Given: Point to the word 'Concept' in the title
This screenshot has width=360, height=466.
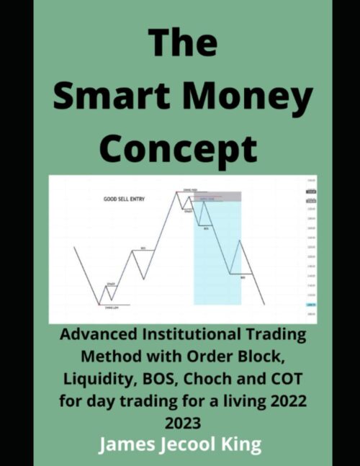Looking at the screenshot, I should [178, 150].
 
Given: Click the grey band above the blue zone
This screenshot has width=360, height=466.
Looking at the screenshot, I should [217, 195].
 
